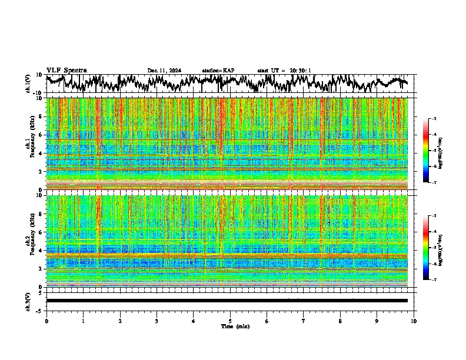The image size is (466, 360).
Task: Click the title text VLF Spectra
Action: (x=66, y=70)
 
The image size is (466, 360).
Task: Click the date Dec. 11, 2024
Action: (x=164, y=71)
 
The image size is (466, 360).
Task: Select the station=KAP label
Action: (x=218, y=71)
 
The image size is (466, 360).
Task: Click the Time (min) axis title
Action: (x=235, y=326)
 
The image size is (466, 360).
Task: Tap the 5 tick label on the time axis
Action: (x=230, y=321)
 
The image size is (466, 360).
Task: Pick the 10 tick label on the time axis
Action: (x=414, y=321)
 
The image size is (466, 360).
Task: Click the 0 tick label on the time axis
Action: (x=46, y=321)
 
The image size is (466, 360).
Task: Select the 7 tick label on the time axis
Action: (x=304, y=321)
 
